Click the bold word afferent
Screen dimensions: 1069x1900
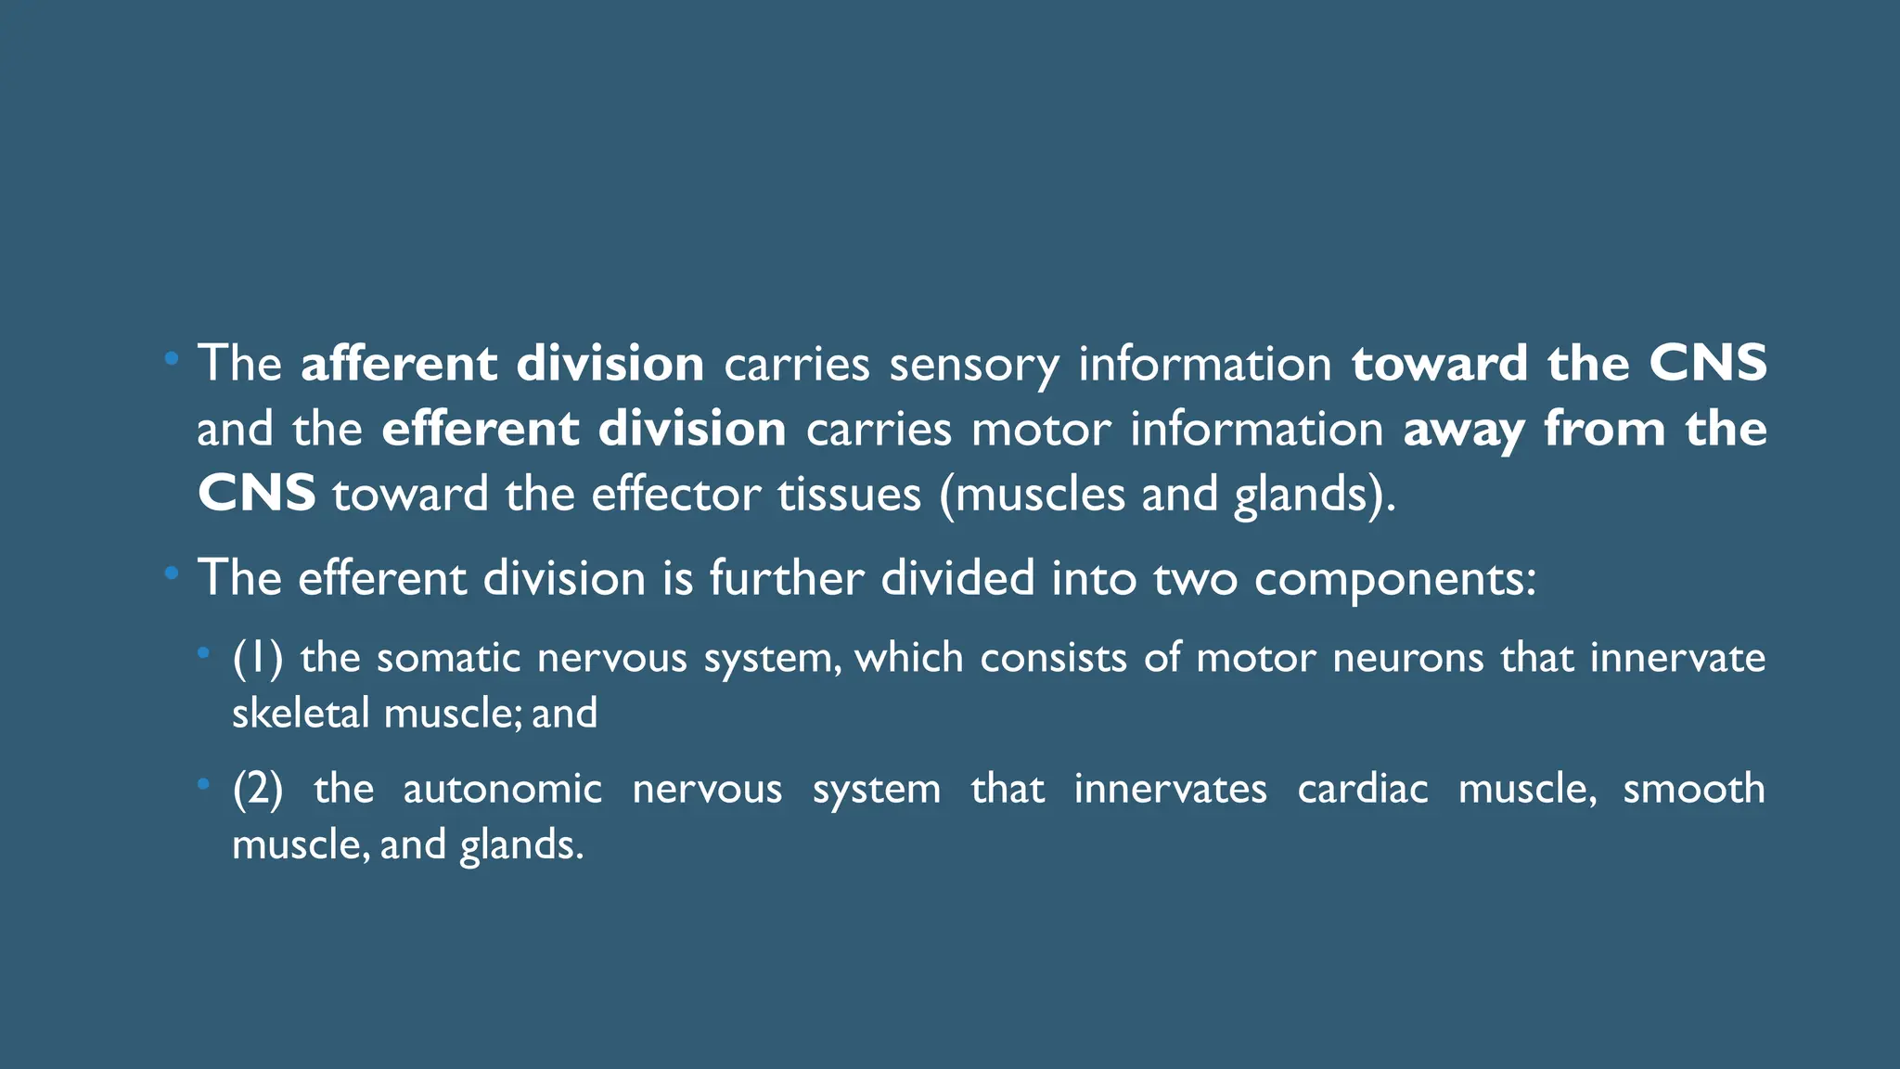click(399, 363)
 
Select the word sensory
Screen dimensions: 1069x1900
click(974, 365)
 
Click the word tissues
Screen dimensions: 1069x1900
click(849, 494)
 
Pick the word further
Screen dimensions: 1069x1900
click(787, 578)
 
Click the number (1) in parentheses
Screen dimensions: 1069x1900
click(257, 658)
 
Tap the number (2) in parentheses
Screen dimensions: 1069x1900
click(258, 789)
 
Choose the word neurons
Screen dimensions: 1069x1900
click(1408, 658)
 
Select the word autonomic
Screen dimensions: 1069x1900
click(502, 789)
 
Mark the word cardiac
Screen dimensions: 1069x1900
click(1362, 789)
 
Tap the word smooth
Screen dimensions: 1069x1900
click(1693, 789)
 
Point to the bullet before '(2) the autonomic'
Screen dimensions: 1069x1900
click(203, 785)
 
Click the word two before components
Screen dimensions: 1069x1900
click(1195, 578)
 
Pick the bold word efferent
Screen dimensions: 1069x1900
click(480, 429)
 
